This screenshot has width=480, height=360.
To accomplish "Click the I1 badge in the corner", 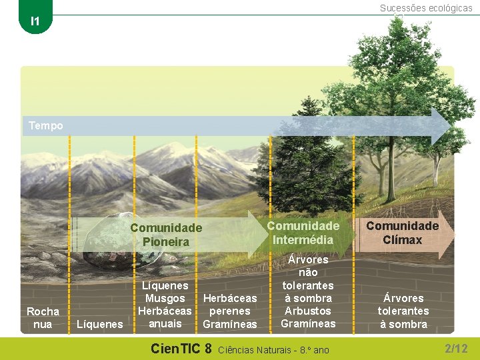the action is click(x=35, y=21).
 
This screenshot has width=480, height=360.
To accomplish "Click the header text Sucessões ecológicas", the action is click(x=426, y=8).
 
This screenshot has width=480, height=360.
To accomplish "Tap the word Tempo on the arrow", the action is click(x=46, y=125).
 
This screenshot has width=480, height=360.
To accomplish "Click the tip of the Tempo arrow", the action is click(x=448, y=125).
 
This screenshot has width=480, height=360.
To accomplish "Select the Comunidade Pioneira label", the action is click(x=166, y=235).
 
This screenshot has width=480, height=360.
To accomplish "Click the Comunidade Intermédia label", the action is click(x=303, y=232).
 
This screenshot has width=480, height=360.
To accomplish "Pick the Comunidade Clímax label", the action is click(x=403, y=233).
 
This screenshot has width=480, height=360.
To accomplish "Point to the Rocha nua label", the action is click(x=43, y=317).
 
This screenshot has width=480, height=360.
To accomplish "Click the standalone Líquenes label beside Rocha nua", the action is click(x=100, y=324).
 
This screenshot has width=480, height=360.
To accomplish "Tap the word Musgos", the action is click(x=165, y=298).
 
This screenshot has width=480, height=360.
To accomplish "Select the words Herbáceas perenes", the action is click(x=229, y=305).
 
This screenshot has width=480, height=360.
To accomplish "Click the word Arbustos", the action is click(x=307, y=311).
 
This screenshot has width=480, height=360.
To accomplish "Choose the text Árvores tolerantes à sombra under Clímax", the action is click(x=403, y=311).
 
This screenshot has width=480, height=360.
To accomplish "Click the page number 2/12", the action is click(x=456, y=348).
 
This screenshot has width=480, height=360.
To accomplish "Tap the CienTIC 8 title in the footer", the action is click(x=181, y=348).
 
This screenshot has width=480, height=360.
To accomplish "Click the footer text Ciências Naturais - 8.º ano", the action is click(x=273, y=349).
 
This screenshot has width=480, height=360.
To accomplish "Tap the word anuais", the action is click(x=165, y=323).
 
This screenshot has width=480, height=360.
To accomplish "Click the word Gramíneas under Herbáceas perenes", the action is click(x=229, y=324).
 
